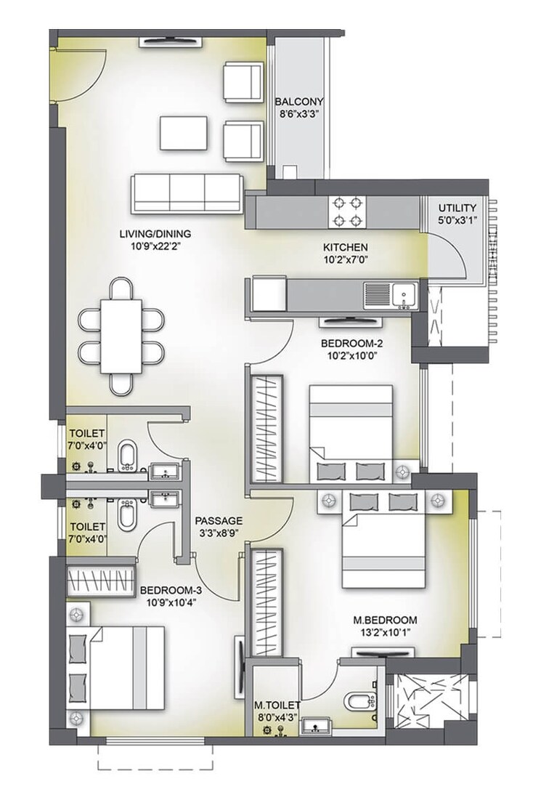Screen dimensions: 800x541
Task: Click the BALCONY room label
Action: pos(299,102)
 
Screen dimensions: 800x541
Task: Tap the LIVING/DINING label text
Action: pos(155,234)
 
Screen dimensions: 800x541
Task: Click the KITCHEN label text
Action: pos(345,247)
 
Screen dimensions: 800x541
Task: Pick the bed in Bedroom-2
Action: pos(351,432)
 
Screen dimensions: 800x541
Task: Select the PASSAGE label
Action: pos(219,520)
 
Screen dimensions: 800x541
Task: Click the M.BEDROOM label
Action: pos(385,620)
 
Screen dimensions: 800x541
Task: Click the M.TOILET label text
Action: pos(274,705)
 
